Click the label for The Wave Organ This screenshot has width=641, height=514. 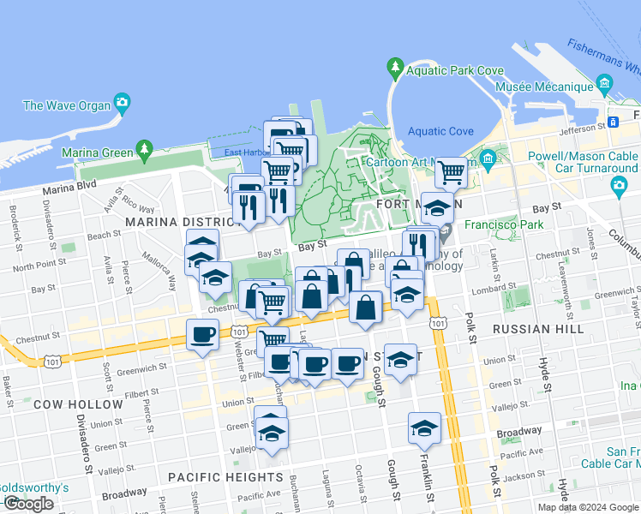point(67,105)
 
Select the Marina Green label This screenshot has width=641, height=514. point(100,152)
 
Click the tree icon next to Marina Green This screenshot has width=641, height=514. point(145,151)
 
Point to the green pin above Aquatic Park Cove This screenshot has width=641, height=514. point(394,66)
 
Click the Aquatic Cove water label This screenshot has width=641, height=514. point(440,131)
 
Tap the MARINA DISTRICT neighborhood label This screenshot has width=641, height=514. point(178,222)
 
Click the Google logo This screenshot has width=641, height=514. point(28,504)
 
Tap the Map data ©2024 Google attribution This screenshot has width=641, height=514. point(588,507)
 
